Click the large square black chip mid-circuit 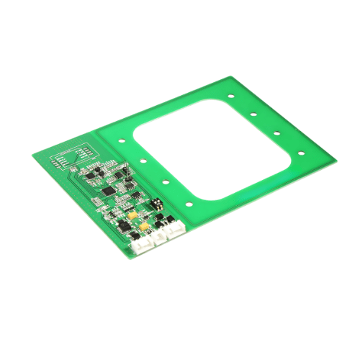[109, 192]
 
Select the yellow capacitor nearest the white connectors [144, 227]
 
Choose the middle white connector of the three [158, 237]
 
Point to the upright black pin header [126, 172]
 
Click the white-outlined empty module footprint [79, 156]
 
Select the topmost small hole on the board [230, 95]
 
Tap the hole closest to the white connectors [189, 204]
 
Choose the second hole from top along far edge [253, 114]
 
